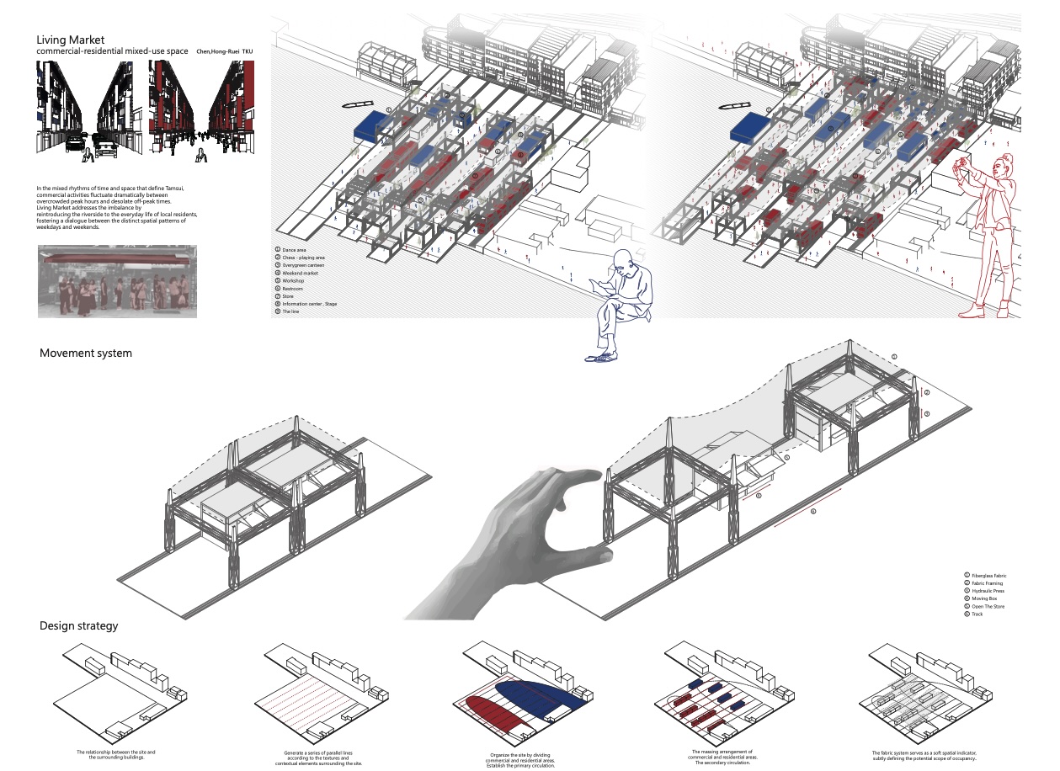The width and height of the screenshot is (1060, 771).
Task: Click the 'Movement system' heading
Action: tap(85, 353)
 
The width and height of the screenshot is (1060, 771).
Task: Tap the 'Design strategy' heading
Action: tap(78, 625)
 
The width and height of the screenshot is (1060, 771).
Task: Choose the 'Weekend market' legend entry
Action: tap(299, 274)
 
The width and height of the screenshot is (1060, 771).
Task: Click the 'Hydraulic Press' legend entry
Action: tap(988, 591)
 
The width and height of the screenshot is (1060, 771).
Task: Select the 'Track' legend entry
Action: tap(977, 614)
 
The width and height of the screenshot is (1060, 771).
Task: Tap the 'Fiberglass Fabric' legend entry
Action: tap(989, 576)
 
